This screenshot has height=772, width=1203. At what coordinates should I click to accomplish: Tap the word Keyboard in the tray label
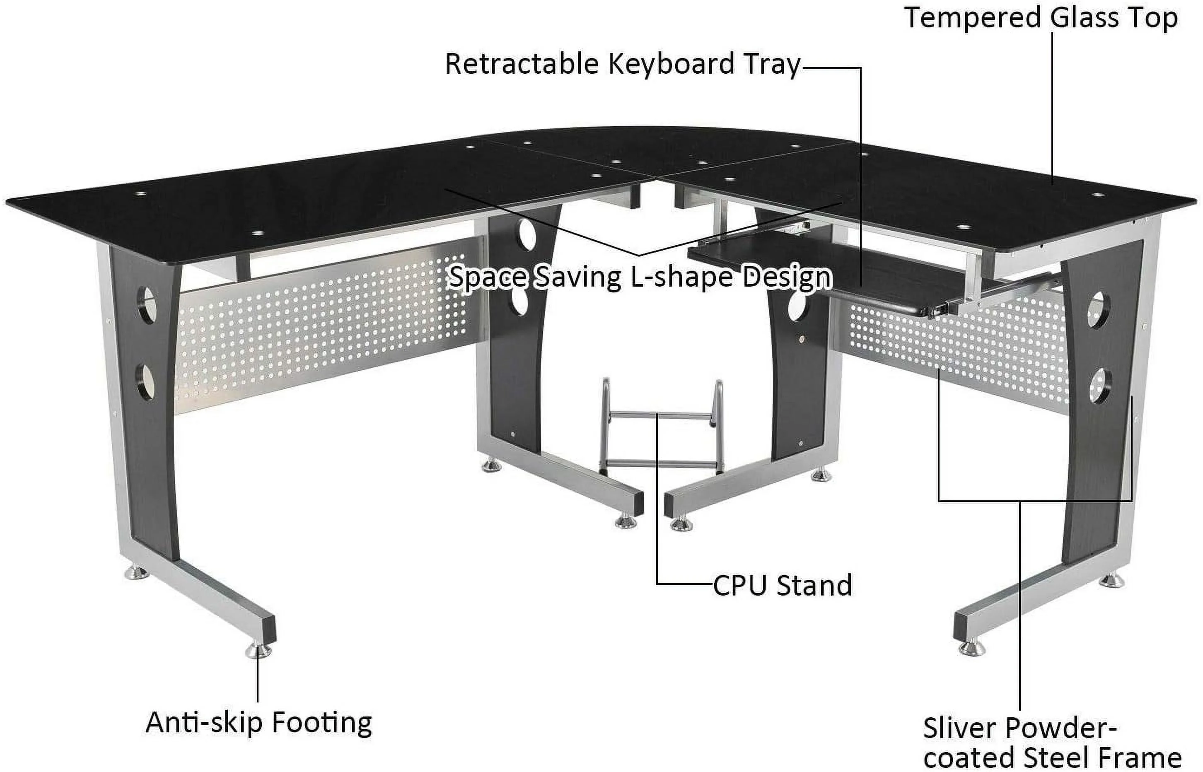point(671,64)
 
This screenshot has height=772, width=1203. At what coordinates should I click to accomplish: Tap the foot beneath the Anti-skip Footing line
point(258,651)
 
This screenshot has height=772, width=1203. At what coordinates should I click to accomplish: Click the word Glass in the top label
point(1086,18)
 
